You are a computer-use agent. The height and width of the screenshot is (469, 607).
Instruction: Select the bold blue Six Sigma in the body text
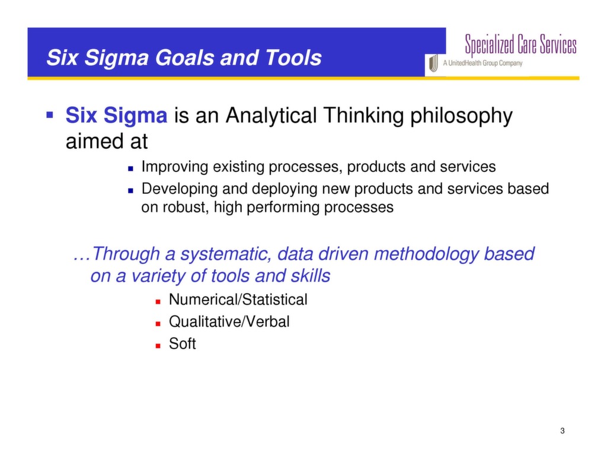pyautogui.click(x=116, y=115)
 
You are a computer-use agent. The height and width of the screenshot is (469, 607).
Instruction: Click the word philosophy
pyautogui.click(x=461, y=116)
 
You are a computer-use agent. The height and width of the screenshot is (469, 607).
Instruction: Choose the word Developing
pyautogui.click(x=178, y=189)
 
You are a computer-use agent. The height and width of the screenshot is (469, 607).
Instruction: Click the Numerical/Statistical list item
pyautogui.click(x=238, y=299)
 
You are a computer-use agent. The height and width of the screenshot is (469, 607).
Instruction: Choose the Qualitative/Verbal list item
pyautogui.click(x=229, y=321)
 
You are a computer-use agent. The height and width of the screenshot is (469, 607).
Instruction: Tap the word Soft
pyautogui.click(x=182, y=343)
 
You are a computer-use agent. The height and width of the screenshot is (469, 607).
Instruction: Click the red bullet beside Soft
pyautogui.click(x=158, y=344)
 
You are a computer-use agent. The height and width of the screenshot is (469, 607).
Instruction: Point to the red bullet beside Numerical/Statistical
pyautogui.click(x=158, y=301)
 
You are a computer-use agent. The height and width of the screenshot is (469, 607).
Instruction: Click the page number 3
pyautogui.click(x=561, y=430)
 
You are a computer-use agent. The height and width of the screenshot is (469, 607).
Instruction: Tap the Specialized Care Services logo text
pyautogui.click(x=520, y=44)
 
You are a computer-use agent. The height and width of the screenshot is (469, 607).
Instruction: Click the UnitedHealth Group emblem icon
pyautogui.click(x=433, y=63)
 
